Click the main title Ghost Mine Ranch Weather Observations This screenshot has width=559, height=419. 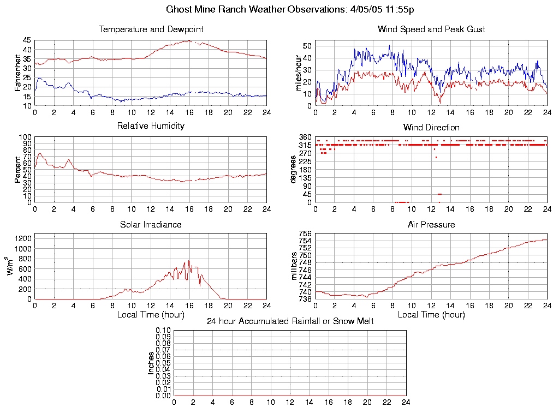289,10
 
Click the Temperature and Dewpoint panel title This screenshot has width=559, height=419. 151,29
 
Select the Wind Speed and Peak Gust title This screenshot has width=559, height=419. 431,29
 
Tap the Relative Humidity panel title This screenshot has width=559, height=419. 151,126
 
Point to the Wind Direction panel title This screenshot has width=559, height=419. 431,127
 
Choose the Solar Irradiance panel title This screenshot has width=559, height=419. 151,224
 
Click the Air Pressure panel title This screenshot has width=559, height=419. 431,224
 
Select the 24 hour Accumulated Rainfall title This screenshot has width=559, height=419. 290,321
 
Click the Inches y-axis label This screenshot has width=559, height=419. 151,363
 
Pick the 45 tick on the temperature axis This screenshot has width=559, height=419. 27,40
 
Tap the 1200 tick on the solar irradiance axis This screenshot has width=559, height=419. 22,238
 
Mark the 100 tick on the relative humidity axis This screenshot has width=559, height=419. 25,137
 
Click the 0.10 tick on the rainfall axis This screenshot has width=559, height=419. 163,331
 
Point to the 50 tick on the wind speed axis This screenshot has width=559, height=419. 307,46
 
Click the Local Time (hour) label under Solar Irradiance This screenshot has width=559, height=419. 151,315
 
